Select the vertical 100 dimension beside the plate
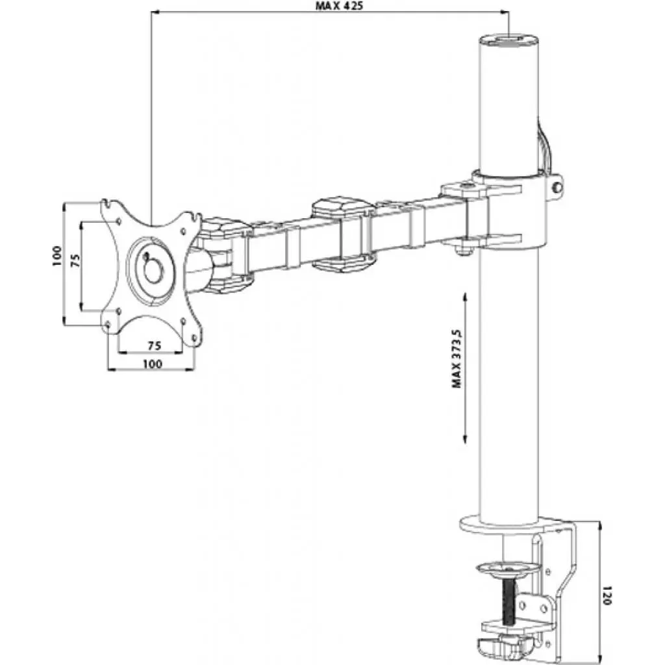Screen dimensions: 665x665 click(x=57, y=257)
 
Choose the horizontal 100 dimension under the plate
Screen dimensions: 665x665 click(x=151, y=364)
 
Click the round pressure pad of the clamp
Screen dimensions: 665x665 click(x=508, y=570)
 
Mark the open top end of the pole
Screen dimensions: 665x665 click(x=510, y=40)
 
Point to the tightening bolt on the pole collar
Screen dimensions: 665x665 click(x=557, y=187)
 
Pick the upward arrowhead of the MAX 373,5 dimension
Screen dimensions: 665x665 click(x=465, y=296)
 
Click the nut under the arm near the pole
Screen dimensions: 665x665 click(x=464, y=247)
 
